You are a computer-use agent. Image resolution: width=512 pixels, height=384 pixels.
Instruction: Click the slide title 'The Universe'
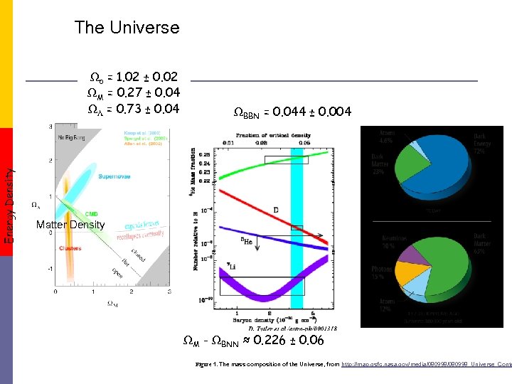coord(127,28)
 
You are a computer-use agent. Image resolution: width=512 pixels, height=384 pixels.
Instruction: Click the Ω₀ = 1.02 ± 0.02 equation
coord(133,77)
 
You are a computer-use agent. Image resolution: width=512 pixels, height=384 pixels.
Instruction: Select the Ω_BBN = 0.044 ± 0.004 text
coord(292,112)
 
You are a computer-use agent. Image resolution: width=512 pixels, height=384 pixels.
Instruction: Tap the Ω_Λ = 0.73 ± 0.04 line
coord(133,109)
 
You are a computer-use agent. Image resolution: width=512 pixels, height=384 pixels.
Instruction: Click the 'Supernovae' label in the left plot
coord(113,176)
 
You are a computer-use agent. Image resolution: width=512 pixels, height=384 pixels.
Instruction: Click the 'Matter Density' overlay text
coord(71,225)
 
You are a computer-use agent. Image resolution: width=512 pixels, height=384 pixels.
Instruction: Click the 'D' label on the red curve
coord(276,210)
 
